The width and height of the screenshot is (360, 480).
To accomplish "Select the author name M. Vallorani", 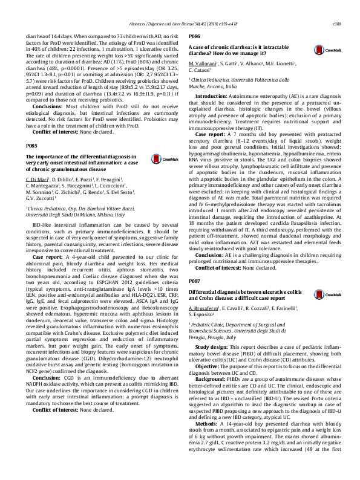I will tap(202, 63).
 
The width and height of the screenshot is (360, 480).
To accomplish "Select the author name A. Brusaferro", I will tap(203, 308).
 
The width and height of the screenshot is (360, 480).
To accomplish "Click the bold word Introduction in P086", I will tap(211, 96).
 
